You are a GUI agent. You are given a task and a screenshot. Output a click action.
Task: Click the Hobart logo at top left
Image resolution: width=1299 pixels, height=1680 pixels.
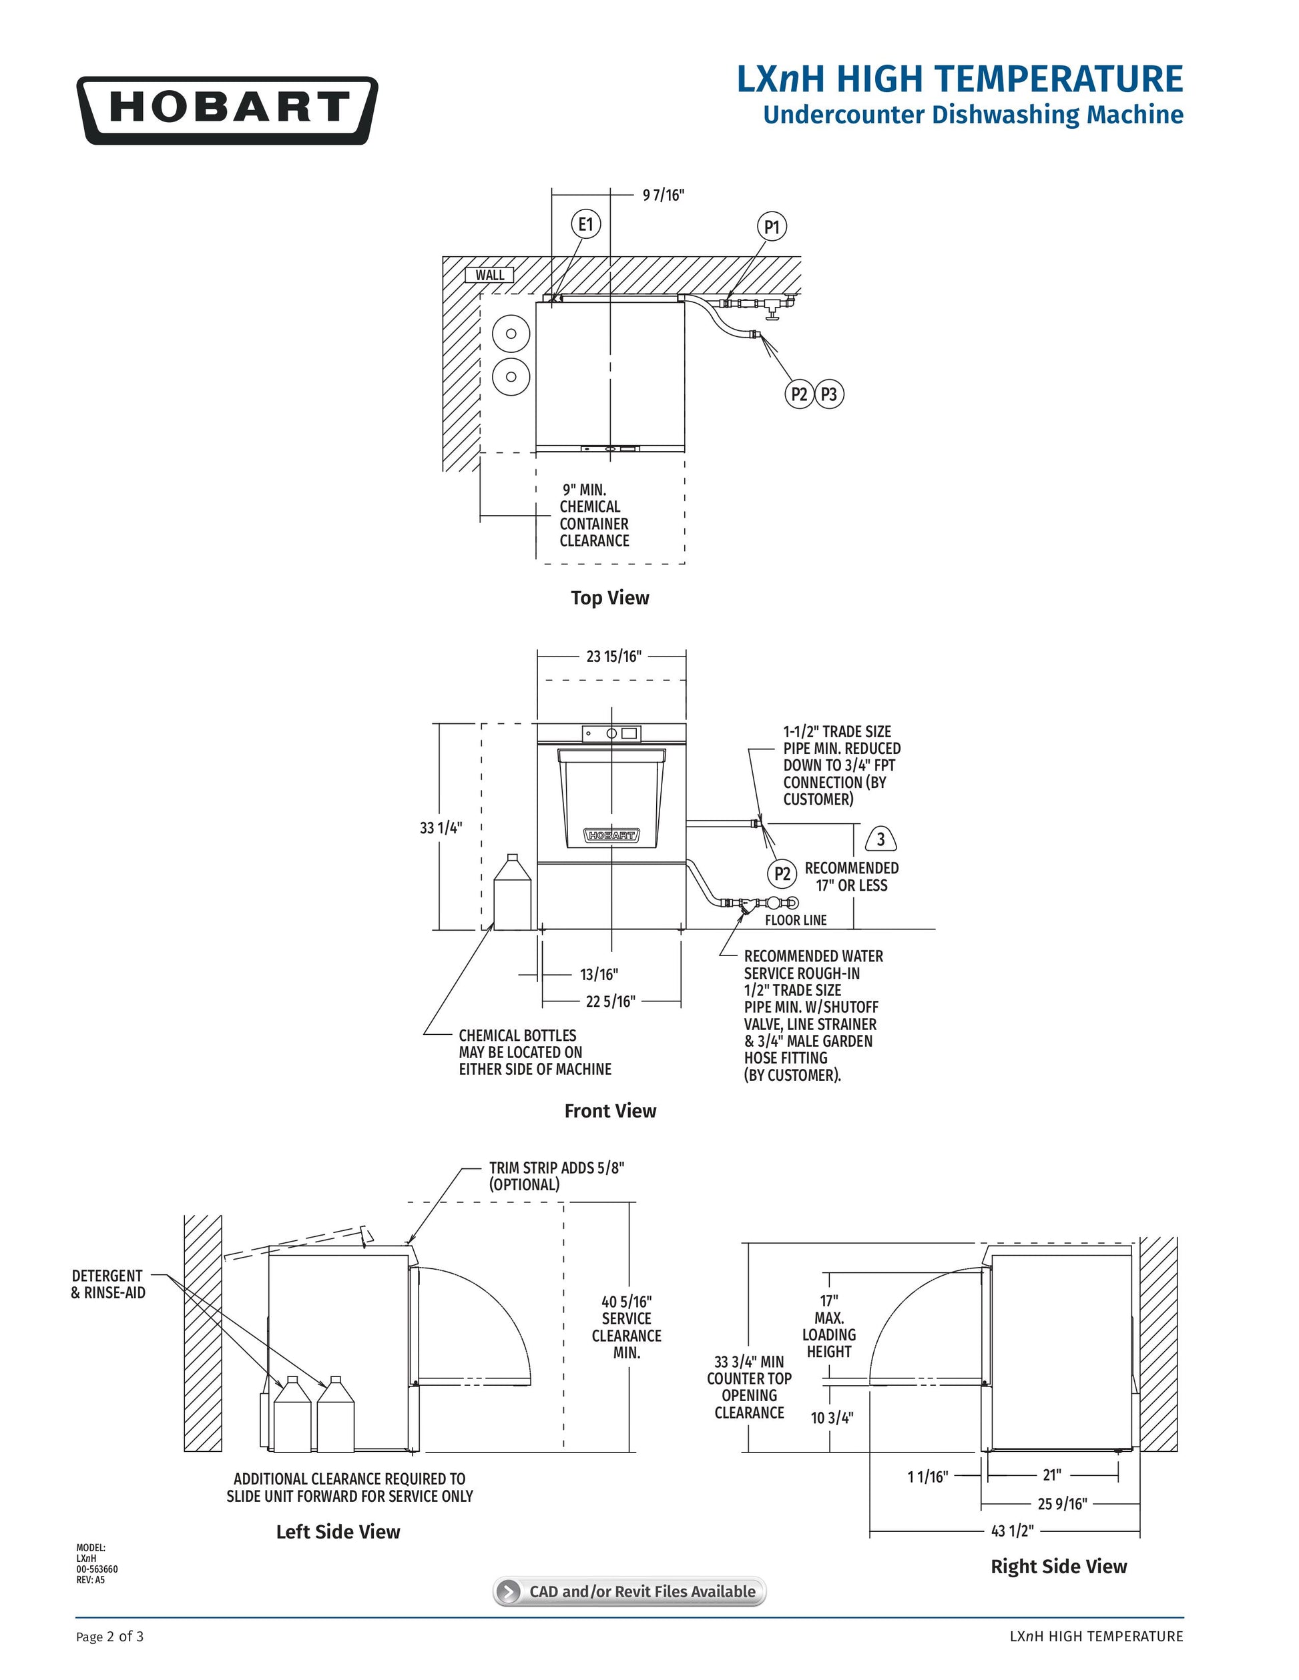tap(227, 110)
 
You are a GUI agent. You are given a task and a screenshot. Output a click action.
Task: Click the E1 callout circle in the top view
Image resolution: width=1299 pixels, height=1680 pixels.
tap(585, 224)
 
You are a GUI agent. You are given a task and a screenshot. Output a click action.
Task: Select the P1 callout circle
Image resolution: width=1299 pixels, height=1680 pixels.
tap(772, 227)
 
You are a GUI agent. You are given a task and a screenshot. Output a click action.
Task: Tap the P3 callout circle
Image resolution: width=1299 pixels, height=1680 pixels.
tap(829, 394)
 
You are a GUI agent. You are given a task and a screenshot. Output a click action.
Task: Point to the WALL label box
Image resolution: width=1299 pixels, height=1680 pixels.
tap(489, 276)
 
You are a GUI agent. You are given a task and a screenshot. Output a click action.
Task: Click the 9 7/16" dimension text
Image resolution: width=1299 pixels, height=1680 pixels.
tap(664, 195)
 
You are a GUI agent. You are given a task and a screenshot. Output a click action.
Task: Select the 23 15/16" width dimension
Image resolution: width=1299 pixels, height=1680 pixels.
tap(613, 656)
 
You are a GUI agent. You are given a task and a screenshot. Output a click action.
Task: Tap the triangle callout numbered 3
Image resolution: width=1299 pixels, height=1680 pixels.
tap(881, 839)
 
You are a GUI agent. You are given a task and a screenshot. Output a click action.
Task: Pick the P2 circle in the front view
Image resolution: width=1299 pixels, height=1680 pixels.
tap(782, 874)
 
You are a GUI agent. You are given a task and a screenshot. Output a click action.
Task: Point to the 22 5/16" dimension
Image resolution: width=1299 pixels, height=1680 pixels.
tap(610, 1001)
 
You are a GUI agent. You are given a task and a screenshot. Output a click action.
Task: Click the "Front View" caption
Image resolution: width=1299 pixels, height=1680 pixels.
tap(610, 1111)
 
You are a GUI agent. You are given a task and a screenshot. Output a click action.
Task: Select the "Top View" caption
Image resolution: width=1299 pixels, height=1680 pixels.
tap(609, 598)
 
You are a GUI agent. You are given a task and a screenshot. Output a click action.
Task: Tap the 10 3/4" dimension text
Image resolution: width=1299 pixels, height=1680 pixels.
tap(832, 1418)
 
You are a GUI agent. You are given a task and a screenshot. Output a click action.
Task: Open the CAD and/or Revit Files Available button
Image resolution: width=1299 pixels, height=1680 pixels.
tap(629, 1591)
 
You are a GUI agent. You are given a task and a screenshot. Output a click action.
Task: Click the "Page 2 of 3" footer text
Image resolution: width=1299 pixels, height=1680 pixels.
tap(110, 1636)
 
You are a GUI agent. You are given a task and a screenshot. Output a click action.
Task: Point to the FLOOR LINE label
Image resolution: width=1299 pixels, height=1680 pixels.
tap(796, 920)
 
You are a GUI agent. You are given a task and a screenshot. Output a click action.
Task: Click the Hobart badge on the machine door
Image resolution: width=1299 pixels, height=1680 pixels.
tap(611, 835)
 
